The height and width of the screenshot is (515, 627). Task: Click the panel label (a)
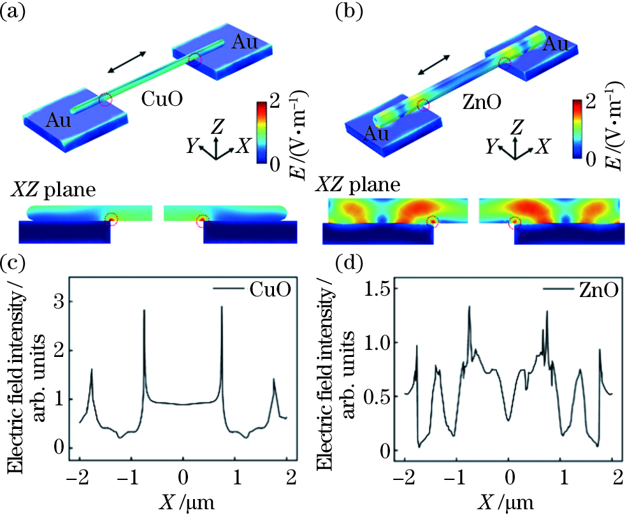(14, 11)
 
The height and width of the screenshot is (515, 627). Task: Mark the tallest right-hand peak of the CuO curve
(222, 307)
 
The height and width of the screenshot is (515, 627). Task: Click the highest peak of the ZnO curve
(470, 307)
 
